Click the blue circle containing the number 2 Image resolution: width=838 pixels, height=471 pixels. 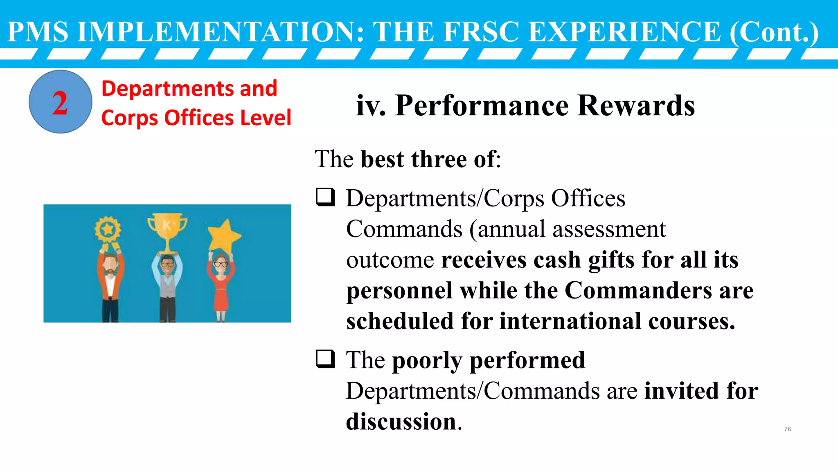point(61,102)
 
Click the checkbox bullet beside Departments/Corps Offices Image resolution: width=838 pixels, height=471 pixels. point(326,197)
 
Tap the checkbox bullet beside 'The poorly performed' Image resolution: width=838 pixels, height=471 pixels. point(326,359)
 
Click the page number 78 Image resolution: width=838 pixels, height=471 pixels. point(787,429)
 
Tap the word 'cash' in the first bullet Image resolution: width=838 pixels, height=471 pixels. point(557,260)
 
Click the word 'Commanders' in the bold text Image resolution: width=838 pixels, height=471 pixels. point(638,290)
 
